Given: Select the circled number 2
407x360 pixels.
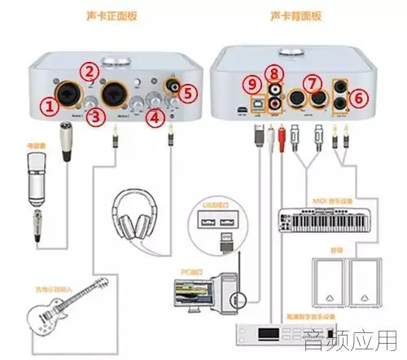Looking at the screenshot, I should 92,72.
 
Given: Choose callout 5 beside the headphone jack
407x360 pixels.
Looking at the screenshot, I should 189,92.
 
